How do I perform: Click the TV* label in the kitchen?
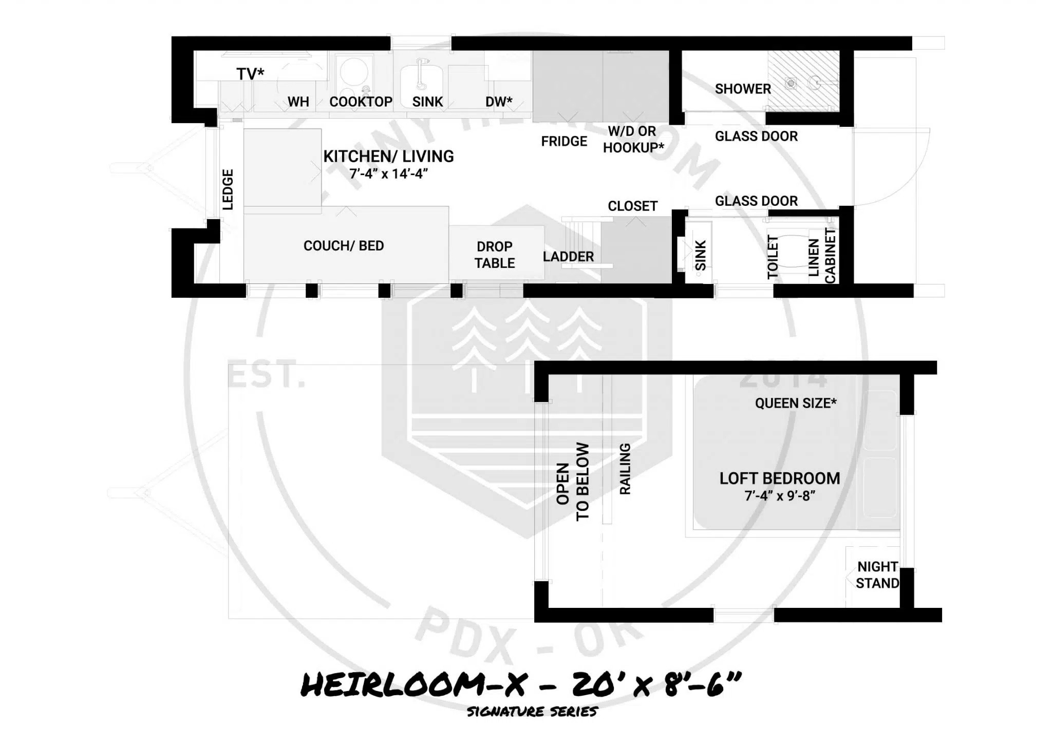250,74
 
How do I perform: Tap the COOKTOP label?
361,102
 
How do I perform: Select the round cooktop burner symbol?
354,71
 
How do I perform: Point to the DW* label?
498,102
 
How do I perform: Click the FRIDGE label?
563,141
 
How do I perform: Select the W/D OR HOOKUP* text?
633,140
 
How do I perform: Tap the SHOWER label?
743,89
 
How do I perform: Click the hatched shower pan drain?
791,83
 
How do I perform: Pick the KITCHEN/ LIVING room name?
388,156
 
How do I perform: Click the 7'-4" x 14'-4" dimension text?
388,174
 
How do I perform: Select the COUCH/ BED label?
344,246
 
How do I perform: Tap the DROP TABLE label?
494,255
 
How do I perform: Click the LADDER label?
568,257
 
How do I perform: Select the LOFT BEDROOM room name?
780,478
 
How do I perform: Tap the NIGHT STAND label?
877,575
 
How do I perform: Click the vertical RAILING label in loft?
625,469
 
